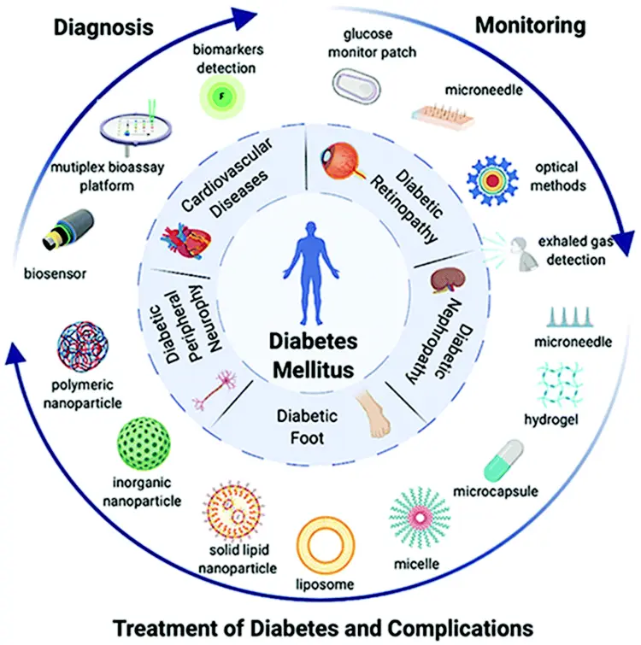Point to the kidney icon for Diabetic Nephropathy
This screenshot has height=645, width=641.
click(444, 280)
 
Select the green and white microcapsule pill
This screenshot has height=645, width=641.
click(503, 460)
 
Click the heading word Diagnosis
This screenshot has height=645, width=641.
click(103, 27)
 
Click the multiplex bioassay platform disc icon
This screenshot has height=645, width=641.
click(135, 130)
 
